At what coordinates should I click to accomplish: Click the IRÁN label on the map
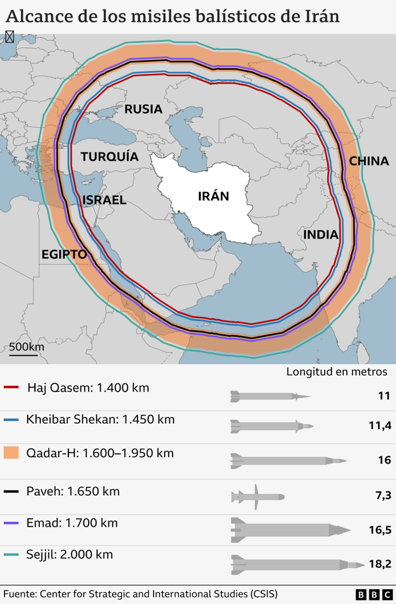214,196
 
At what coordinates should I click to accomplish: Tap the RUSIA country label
143,109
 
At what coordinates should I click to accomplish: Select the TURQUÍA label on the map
109,157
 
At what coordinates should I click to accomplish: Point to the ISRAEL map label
104,200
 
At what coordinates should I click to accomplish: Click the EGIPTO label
64,255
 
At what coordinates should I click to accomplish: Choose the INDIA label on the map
321,235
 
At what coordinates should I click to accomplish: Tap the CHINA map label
369,161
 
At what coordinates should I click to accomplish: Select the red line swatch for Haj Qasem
11,388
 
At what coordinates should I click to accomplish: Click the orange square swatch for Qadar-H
11,453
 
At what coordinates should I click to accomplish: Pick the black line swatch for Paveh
11,491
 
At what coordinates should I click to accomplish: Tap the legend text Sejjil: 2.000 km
69,555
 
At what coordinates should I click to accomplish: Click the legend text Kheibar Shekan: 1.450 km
100,419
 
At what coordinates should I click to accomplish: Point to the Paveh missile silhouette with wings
257,497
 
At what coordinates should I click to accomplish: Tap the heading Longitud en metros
337,372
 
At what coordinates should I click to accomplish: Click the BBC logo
374,594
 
